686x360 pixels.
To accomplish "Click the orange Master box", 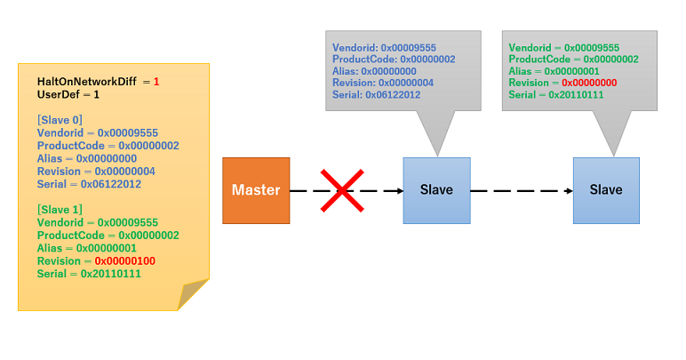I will (256, 189).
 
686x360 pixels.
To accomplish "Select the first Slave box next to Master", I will (436, 189).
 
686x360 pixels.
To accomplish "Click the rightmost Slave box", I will (606, 189).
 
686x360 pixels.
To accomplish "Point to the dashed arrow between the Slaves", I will (521, 190).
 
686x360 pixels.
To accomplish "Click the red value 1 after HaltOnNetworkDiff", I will (156, 82).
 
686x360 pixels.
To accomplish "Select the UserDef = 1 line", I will (68, 94).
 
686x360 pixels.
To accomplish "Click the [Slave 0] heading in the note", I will (60, 120).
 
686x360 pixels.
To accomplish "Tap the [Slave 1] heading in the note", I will (60, 210).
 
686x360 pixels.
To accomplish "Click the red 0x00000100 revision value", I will (123, 261).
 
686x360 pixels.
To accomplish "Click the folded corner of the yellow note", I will (193, 293).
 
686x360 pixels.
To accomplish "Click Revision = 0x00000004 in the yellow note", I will (96, 172).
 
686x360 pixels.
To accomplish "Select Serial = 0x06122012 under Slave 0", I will (89, 184).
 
